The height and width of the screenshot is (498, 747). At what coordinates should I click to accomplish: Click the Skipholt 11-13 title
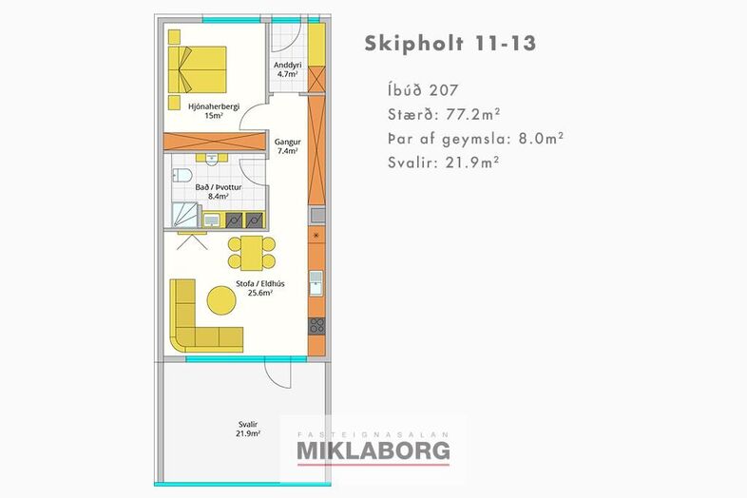click(450, 44)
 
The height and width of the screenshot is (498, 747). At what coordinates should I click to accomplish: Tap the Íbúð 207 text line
click(423, 89)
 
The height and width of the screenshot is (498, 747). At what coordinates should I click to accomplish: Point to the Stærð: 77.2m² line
click(444, 114)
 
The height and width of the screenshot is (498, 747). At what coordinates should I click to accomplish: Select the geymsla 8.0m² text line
click(476, 139)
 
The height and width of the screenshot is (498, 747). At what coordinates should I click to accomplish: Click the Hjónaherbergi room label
click(214, 110)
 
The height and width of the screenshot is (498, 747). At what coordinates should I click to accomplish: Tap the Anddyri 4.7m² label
click(288, 69)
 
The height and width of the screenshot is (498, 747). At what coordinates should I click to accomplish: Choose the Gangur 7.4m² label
click(288, 146)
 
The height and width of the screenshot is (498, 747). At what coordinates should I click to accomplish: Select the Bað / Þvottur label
click(219, 192)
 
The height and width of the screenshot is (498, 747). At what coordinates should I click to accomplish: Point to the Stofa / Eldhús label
click(260, 288)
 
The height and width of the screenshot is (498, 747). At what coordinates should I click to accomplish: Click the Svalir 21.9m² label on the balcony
click(248, 429)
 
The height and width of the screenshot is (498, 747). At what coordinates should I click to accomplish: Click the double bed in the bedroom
click(198, 69)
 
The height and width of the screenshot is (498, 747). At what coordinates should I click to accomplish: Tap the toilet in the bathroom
click(182, 175)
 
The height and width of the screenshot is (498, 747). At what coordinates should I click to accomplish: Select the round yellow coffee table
click(221, 300)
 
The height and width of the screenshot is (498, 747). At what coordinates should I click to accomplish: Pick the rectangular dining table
click(252, 253)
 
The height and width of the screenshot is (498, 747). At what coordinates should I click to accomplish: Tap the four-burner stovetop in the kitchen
click(316, 326)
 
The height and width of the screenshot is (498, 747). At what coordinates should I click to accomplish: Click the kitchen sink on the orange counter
click(316, 283)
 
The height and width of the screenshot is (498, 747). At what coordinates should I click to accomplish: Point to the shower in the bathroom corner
click(184, 215)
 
